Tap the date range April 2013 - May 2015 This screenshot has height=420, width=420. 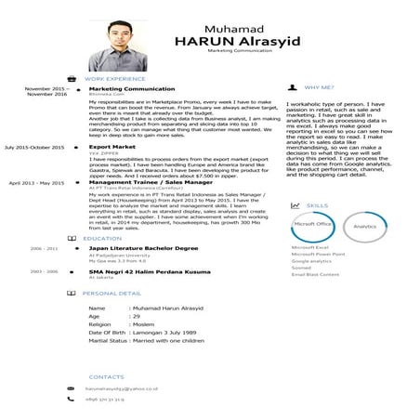[x=36, y=184]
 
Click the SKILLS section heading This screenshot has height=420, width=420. [x=317, y=205]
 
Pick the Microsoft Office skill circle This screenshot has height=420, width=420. [x=312, y=225]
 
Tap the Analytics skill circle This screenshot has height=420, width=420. [x=365, y=226]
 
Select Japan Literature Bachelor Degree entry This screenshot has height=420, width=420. [x=143, y=249]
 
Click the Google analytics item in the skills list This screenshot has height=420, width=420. [x=311, y=261]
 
